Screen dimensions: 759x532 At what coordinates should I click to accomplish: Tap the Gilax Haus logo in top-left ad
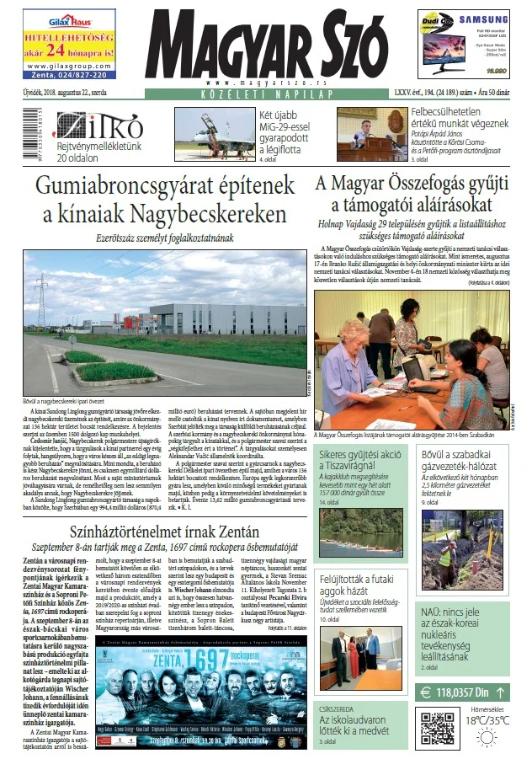pos(60,22)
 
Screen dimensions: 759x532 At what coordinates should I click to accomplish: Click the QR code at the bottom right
pos(437,728)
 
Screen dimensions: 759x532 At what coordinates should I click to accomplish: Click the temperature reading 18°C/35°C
pos(488,720)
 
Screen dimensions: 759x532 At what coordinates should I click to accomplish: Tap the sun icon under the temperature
pos(487,739)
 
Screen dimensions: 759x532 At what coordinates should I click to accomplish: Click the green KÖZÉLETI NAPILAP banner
pos(266,96)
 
